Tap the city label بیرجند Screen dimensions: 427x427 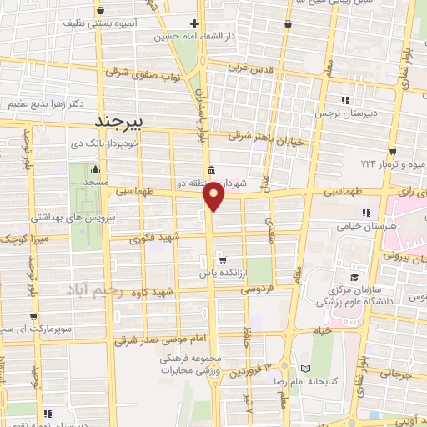click(120, 121)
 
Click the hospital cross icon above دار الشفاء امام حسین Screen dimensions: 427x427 click(194, 23)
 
